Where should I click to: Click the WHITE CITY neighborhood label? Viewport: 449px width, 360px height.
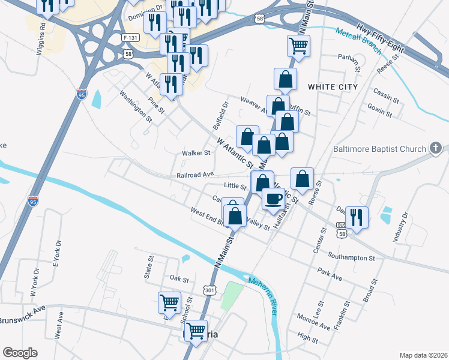coord(333,87)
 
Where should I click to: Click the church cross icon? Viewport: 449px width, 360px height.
coord(436,148)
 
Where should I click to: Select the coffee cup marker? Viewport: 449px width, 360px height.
coord(274,199)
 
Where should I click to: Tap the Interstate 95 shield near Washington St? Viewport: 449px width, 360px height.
coord(82,94)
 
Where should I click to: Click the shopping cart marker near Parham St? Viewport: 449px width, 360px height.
coord(298,44)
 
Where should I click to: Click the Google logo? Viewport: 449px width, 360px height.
coord(20,353)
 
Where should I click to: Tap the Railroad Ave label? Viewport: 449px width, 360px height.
coord(196,175)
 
